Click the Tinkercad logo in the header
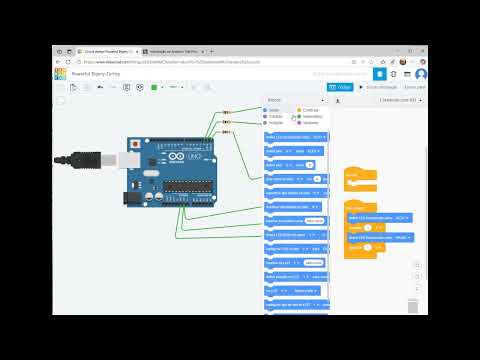coord(60,74)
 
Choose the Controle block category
coord(308,110)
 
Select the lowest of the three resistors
coord(225,131)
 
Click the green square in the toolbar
coord(152,87)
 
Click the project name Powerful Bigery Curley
coord(96,74)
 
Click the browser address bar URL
coord(180,60)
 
